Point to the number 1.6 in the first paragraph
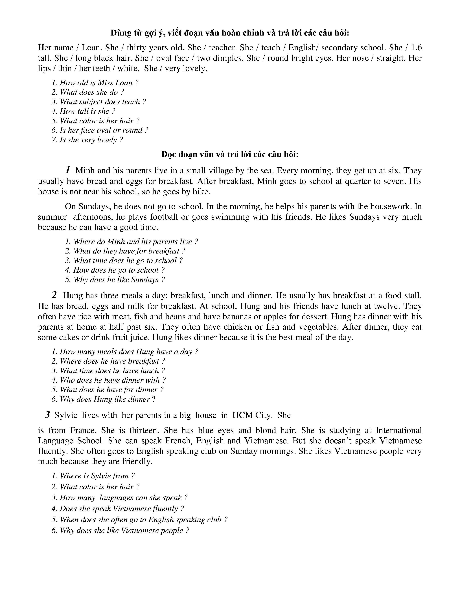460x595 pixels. [x=416, y=48]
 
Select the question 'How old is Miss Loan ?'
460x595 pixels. [x=95, y=83]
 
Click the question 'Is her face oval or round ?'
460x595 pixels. [x=100, y=130]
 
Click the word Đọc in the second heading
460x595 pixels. [x=169, y=155]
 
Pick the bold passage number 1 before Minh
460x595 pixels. [x=68, y=170]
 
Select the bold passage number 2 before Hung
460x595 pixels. [x=54, y=295]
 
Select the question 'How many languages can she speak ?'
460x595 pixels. [x=119, y=498]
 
